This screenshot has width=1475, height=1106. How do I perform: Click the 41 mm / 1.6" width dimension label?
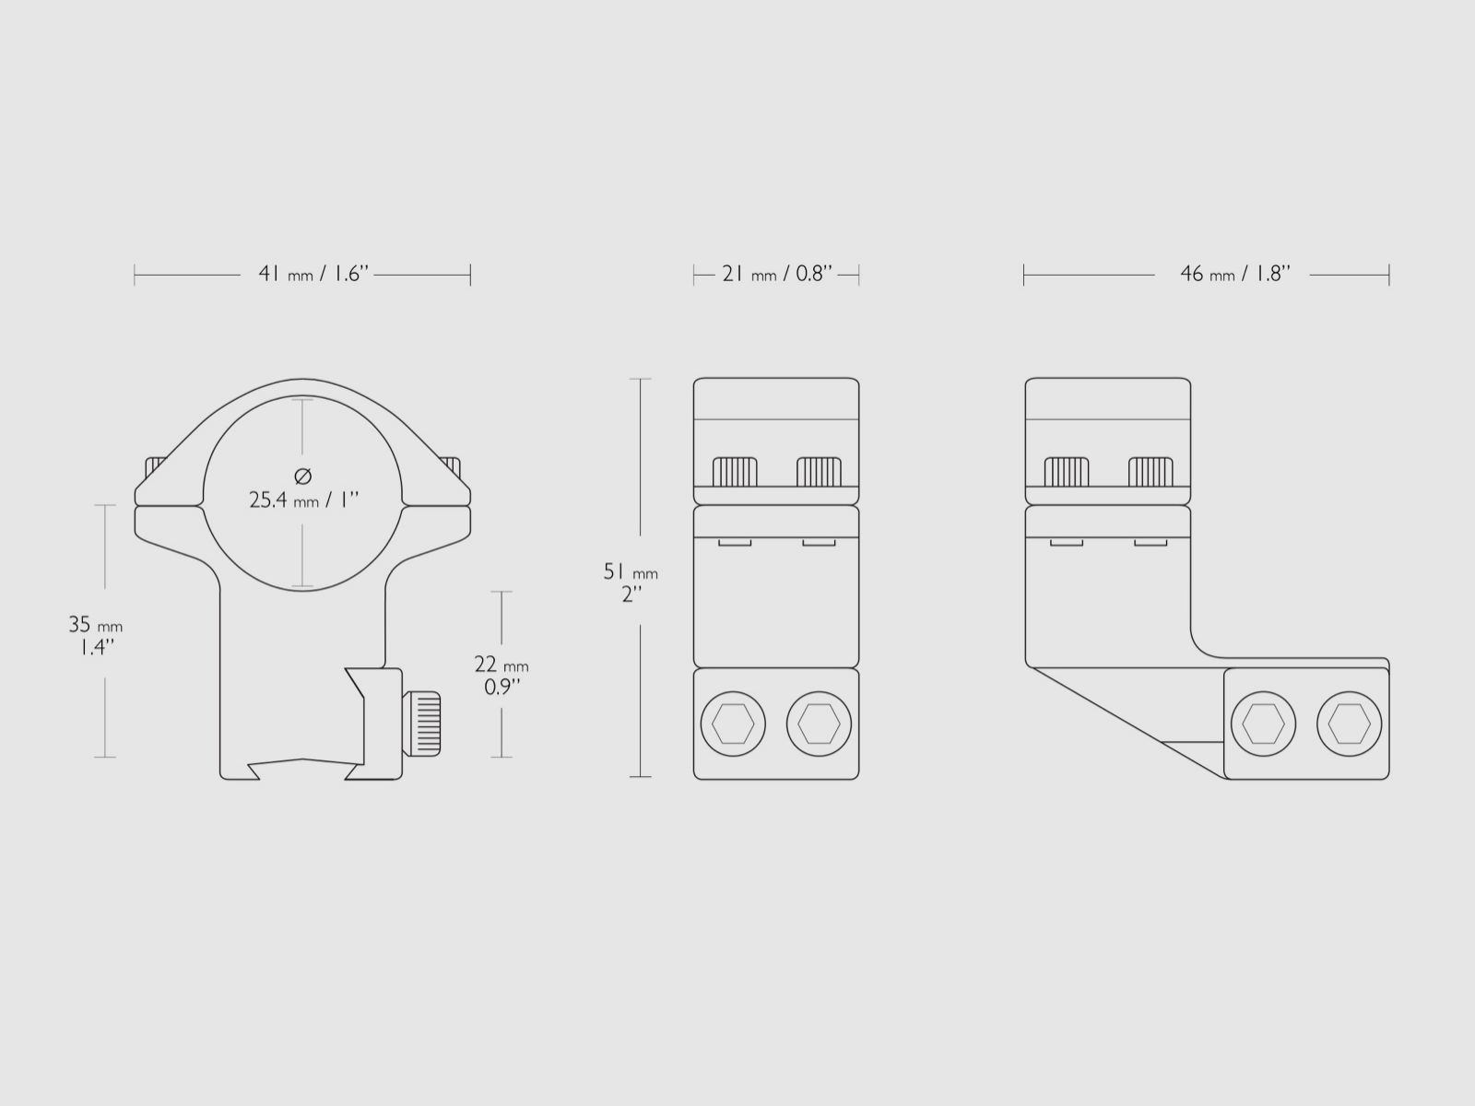(x=313, y=274)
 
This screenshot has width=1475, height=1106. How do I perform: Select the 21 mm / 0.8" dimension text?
(x=777, y=274)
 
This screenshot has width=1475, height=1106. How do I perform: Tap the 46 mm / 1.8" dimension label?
(x=1235, y=274)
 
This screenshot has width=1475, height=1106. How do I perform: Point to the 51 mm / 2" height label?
(x=631, y=582)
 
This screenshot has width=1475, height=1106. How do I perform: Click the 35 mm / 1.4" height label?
(x=96, y=635)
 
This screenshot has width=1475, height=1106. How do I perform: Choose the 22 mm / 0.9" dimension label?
(x=501, y=675)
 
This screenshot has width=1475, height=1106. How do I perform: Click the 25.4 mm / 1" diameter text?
(x=303, y=500)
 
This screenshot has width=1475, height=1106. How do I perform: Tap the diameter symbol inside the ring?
(x=303, y=477)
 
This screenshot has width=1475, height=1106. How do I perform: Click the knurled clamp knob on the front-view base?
(x=421, y=724)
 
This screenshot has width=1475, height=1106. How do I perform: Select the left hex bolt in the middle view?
(x=733, y=724)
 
